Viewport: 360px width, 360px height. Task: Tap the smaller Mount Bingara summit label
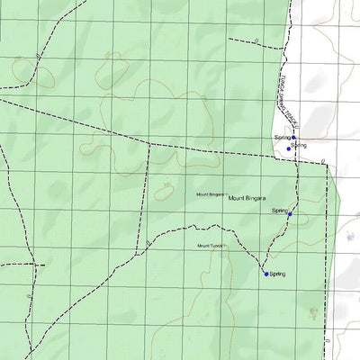211,194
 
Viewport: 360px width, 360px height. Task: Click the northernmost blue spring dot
293,138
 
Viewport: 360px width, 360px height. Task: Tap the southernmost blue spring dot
266,274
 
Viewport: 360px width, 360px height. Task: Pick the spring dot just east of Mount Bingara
290,214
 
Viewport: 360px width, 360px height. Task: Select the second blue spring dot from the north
288,148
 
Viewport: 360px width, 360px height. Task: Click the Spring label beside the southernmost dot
277,274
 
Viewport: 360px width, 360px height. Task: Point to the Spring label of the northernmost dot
280,137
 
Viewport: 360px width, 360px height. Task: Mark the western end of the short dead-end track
229,40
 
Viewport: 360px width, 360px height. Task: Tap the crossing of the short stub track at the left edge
34,265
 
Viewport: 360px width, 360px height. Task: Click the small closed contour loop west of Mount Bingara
165,191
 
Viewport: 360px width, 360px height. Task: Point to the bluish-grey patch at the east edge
349,238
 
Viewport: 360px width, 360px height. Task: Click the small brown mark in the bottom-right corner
312,313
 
